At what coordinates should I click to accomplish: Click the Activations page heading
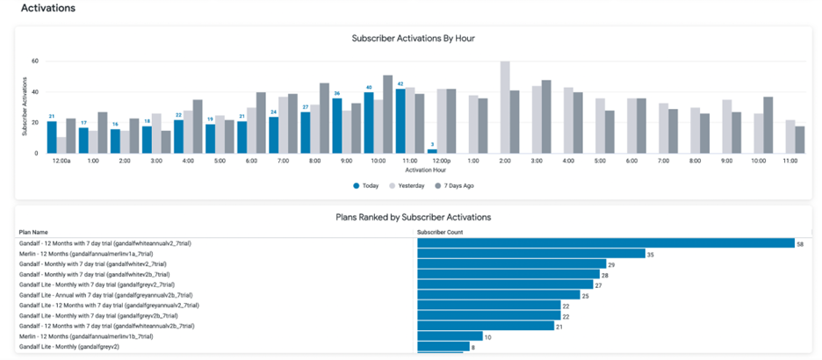coord(48,9)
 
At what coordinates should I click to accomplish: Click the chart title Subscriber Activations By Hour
coord(413,39)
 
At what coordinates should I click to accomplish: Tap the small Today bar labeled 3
coord(432,151)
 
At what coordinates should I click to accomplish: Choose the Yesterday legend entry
coord(408,185)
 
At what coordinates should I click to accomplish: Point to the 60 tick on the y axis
coord(34,61)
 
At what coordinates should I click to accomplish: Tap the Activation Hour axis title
coord(413,169)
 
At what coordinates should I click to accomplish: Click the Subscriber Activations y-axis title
coord(25,107)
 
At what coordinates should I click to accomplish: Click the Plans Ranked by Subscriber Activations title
coord(413,216)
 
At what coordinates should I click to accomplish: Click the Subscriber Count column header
coord(440,233)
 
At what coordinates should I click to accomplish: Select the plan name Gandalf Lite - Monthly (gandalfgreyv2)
coord(69,347)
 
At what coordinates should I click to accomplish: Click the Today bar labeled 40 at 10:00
coord(369,123)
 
